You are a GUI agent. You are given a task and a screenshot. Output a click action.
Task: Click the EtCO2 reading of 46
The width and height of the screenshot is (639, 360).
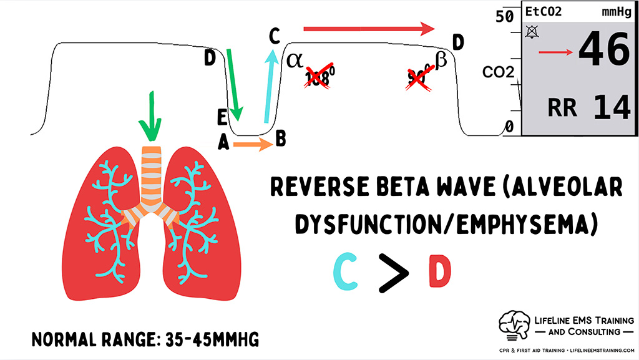[x=603, y=51]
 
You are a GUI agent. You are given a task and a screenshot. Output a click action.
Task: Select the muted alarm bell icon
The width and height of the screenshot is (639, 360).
[x=532, y=32]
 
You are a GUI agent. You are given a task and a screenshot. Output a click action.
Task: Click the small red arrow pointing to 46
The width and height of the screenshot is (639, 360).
[x=555, y=52]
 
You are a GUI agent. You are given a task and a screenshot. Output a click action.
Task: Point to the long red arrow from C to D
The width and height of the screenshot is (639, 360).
[x=369, y=28]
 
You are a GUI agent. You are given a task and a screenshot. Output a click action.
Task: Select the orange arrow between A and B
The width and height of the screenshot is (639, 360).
[x=253, y=145]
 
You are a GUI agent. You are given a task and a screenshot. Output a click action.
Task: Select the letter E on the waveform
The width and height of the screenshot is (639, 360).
[x=222, y=116]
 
